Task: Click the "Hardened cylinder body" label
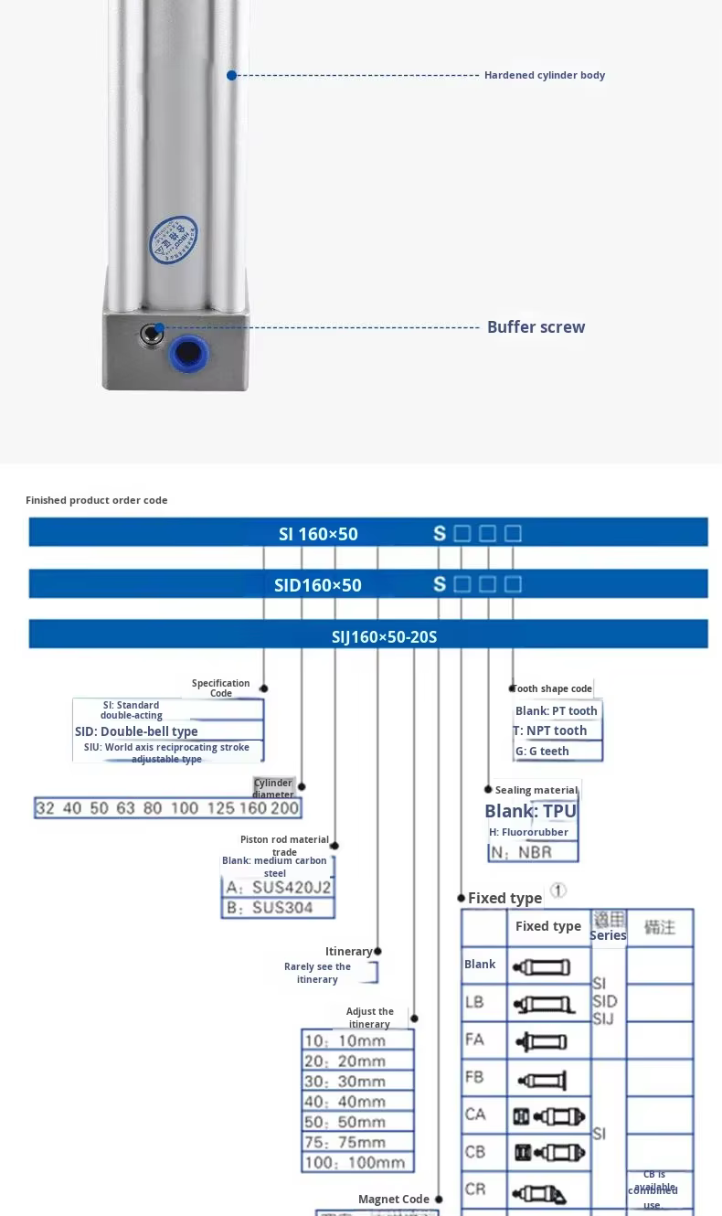click(x=544, y=75)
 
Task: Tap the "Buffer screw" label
click(x=536, y=327)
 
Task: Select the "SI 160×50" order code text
click(x=318, y=534)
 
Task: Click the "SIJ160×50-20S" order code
click(x=384, y=636)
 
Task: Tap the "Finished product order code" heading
click(x=97, y=500)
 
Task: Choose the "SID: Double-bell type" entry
click(x=136, y=731)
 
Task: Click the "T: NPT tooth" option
click(x=550, y=731)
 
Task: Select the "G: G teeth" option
click(x=542, y=751)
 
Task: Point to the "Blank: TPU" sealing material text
click(x=530, y=811)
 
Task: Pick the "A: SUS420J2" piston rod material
click(x=278, y=888)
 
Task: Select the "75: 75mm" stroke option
click(x=345, y=1142)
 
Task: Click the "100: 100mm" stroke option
click(x=354, y=1163)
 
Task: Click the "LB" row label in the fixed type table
click(x=474, y=1002)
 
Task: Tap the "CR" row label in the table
click(x=475, y=1189)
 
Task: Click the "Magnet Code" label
click(x=393, y=1199)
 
